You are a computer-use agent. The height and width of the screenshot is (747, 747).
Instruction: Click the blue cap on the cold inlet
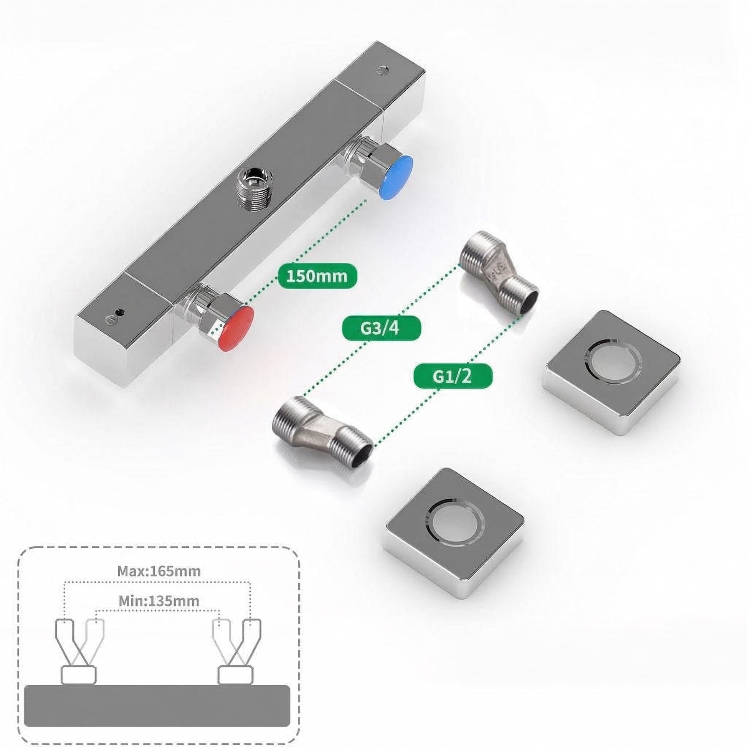[x=395, y=177]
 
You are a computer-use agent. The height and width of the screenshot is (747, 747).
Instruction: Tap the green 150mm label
[x=317, y=276]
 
